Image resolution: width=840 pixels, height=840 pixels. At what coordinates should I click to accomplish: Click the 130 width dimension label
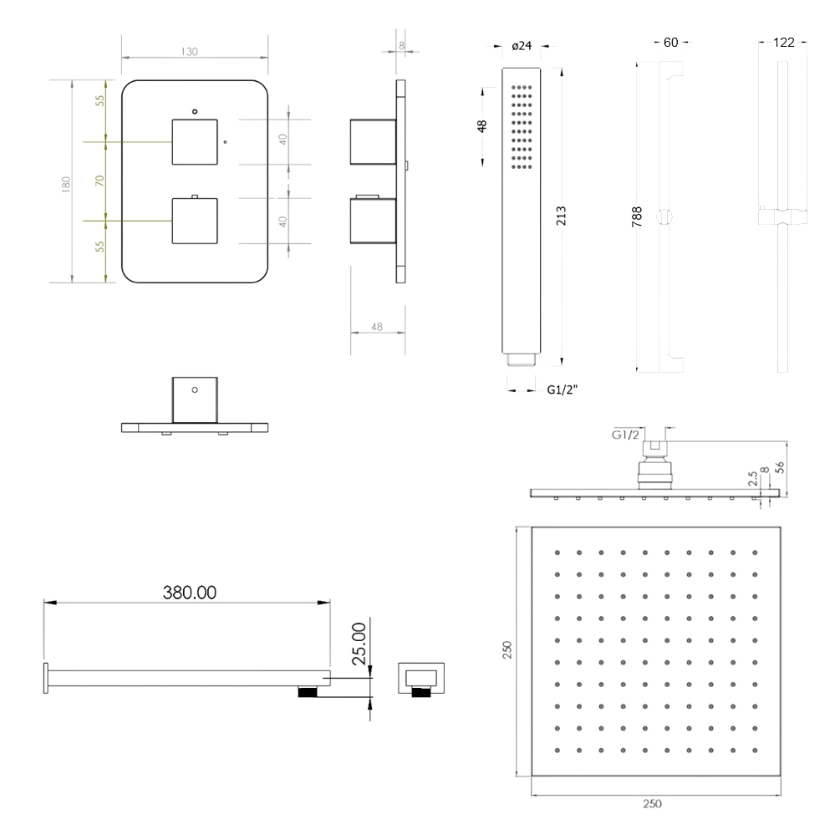[189, 52]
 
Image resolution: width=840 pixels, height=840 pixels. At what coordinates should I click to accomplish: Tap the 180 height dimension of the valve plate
[66, 184]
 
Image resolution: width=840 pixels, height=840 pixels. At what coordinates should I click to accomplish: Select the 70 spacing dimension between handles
[99, 181]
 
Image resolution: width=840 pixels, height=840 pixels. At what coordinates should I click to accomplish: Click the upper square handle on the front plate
[195, 142]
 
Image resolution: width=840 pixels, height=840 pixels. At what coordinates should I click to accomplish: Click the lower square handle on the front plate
[195, 221]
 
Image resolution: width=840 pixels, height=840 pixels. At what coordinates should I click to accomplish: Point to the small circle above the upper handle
[195, 111]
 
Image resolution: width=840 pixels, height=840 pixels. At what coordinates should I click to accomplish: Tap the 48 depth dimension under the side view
[377, 327]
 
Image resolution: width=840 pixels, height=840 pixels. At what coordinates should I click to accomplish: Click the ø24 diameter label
[522, 46]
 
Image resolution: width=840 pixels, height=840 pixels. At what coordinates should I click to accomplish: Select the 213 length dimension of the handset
[561, 216]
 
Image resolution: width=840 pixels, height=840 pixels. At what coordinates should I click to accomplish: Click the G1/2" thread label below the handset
[563, 390]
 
